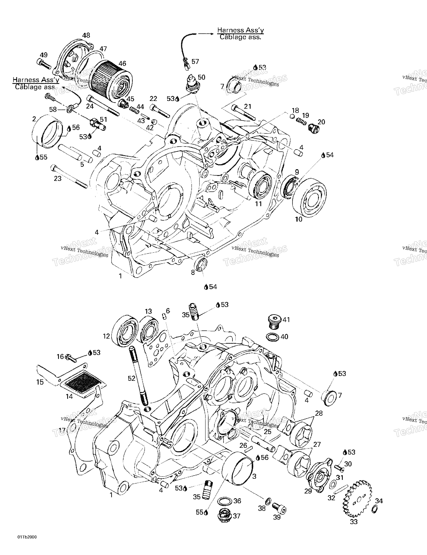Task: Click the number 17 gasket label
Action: click(x=62, y=430)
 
